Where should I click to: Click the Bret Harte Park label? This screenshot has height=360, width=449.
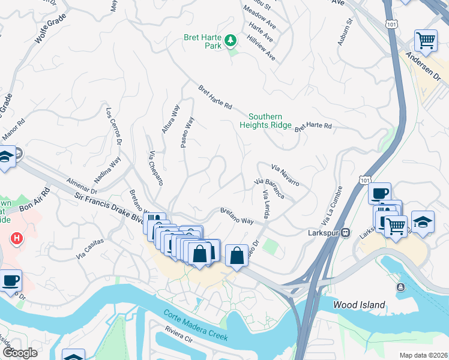tap(201, 41)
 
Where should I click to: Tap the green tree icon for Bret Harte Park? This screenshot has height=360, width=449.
tap(231, 41)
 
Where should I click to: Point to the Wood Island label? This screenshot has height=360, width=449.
tap(359, 305)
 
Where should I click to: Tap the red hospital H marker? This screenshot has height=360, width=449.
tap(17, 238)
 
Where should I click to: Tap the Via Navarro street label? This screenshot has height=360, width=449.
tap(285, 174)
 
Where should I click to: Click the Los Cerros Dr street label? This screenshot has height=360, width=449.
tap(113, 127)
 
